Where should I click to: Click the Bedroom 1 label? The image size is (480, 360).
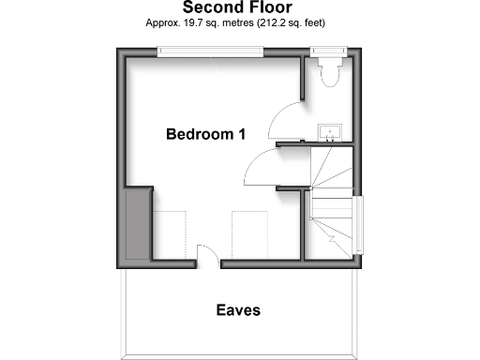point(205,134)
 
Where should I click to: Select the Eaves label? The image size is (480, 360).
point(238,309)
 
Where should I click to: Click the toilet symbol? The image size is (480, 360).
point(328,72)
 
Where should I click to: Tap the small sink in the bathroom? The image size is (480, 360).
point(330,131)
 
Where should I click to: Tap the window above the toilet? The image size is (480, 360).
point(328,50)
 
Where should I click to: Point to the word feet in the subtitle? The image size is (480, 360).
point(320,22)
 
